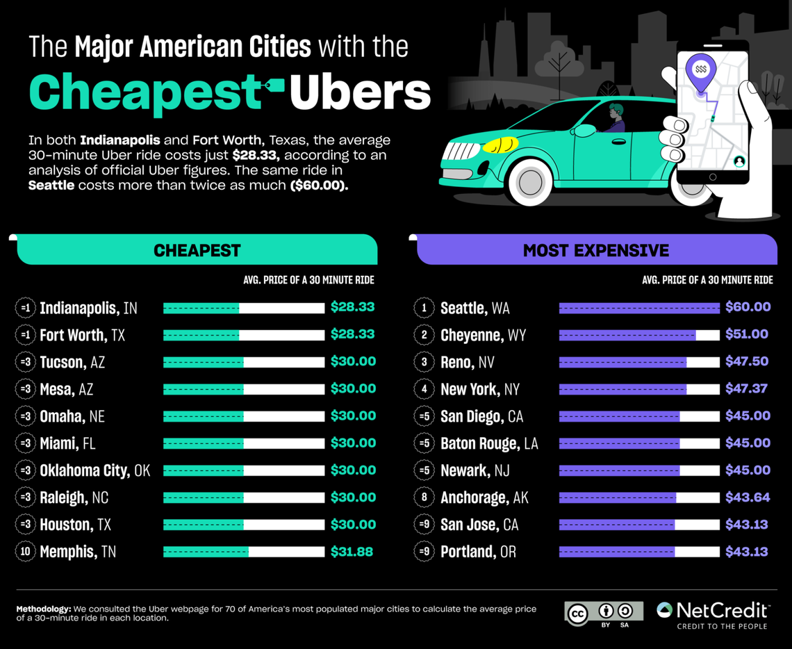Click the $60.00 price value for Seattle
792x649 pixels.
click(x=748, y=307)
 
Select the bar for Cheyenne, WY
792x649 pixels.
click(x=638, y=335)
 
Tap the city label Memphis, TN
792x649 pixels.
click(x=78, y=552)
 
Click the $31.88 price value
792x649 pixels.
click(x=352, y=552)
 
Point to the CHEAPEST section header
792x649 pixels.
click(x=197, y=250)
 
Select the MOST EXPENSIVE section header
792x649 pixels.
click(x=595, y=250)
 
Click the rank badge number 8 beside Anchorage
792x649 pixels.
click(x=424, y=498)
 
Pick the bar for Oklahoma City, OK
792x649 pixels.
click(x=243, y=470)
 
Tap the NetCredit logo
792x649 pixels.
click(x=713, y=614)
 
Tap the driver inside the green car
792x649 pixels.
click(x=615, y=118)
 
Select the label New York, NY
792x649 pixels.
click(x=479, y=389)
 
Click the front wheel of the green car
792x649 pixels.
click(x=531, y=182)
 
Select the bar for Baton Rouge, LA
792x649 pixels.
click(x=638, y=443)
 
